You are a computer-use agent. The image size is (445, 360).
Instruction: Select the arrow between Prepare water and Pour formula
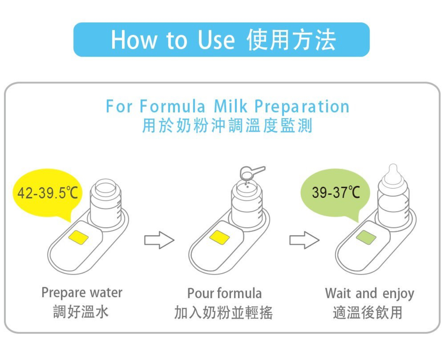pyautogui.click(x=159, y=240)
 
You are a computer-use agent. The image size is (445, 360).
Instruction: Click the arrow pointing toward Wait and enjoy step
pyautogui.click(x=304, y=240)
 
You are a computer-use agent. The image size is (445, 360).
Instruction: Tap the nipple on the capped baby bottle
pyautogui.click(x=393, y=172)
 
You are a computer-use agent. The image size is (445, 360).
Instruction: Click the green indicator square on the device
pyautogui.click(x=366, y=238)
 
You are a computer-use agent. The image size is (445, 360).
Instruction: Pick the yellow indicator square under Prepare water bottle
pyautogui.click(x=79, y=238)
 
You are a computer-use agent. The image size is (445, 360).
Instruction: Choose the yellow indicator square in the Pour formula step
pyautogui.click(x=219, y=238)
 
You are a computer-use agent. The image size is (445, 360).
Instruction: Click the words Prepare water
pyautogui.click(x=82, y=293)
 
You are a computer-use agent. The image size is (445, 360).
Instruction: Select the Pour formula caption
pyautogui.click(x=224, y=293)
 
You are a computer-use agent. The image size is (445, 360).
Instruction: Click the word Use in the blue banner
pyautogui.click(x=216, y=40)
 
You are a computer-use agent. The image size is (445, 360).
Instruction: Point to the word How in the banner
pyautogui.click(x=134, y=40)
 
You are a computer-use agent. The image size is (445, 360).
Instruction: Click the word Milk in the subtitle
pyautogui.click(x=231, y=106)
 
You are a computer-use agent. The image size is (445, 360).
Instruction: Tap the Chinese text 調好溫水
pyautogui.click(x=81, y=312)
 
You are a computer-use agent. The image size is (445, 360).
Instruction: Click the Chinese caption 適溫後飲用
pyautogui.click(x=368, y=312)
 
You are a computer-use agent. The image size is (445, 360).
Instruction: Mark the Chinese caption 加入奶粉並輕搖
pyautogui.click(x=223, y=312)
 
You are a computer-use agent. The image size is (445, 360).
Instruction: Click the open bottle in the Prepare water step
pyautogui.click(x=106, y=203)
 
